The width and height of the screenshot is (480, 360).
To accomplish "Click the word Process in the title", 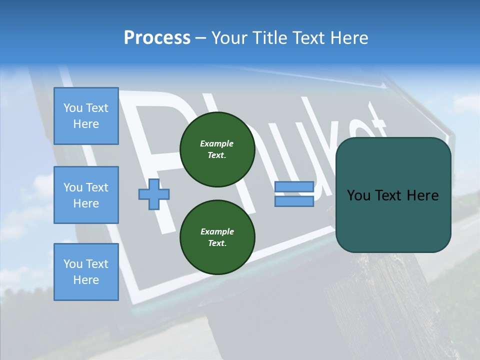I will pyautogui.click(x=157, y=38).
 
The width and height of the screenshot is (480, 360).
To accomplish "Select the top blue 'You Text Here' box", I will pyautogui.click(x=86, y=116).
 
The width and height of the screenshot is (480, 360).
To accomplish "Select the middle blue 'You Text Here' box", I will pyautogui.click(x=86, y=195).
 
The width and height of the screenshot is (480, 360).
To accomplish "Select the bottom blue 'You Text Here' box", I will pyautogui.click(x=86, y=271).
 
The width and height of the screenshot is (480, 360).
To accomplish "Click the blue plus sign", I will pyautogui.click(x=154, y=194).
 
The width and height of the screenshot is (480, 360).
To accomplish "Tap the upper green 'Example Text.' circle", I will pyautogui.click(x=217, y=149).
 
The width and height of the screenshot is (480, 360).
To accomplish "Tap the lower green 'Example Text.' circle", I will pyautogui.click(x=217, y=237).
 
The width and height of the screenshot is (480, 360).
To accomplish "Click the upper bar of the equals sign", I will pyautogui.click(x=294, y=186).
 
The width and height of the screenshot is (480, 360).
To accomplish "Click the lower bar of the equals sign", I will pyautogui.click(x=294, y=201).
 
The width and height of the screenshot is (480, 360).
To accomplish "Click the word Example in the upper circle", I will pyautogui.click(x=217, y=143).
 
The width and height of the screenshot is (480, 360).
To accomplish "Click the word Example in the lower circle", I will pyautogui.click(x=217, y=231).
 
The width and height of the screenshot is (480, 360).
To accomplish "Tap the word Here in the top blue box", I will pyautogui.click(x=86, y=124).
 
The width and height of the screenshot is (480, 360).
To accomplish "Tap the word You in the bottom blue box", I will pyautogui.click(x=73, y=264).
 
